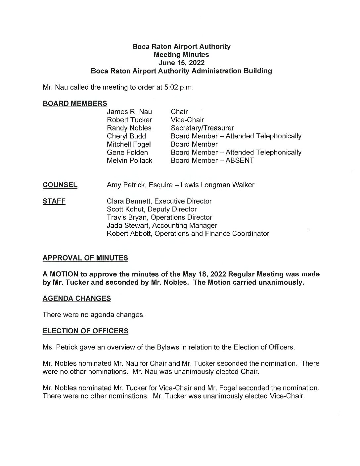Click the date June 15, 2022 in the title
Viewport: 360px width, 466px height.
click(181, 63)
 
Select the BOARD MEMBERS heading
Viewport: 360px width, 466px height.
click(75, 103)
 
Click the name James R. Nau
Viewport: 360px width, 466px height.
click(129, 112)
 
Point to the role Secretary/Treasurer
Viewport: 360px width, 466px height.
click(202, 128)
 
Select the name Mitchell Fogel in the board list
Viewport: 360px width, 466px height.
click(128, 144)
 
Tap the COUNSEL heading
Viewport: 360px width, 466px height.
click(60, 185)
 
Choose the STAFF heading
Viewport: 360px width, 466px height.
click(54, 201)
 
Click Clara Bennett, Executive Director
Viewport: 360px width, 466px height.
click(159, 201)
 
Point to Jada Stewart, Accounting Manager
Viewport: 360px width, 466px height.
click(162, 225)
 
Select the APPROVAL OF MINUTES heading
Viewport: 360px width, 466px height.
click(85, 258)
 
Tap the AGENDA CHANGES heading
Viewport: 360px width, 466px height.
click(77, 299)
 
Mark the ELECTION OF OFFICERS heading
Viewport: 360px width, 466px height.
click(85, 331)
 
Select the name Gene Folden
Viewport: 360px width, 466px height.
click(127, 152)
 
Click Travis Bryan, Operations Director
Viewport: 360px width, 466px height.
click(159, 217)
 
